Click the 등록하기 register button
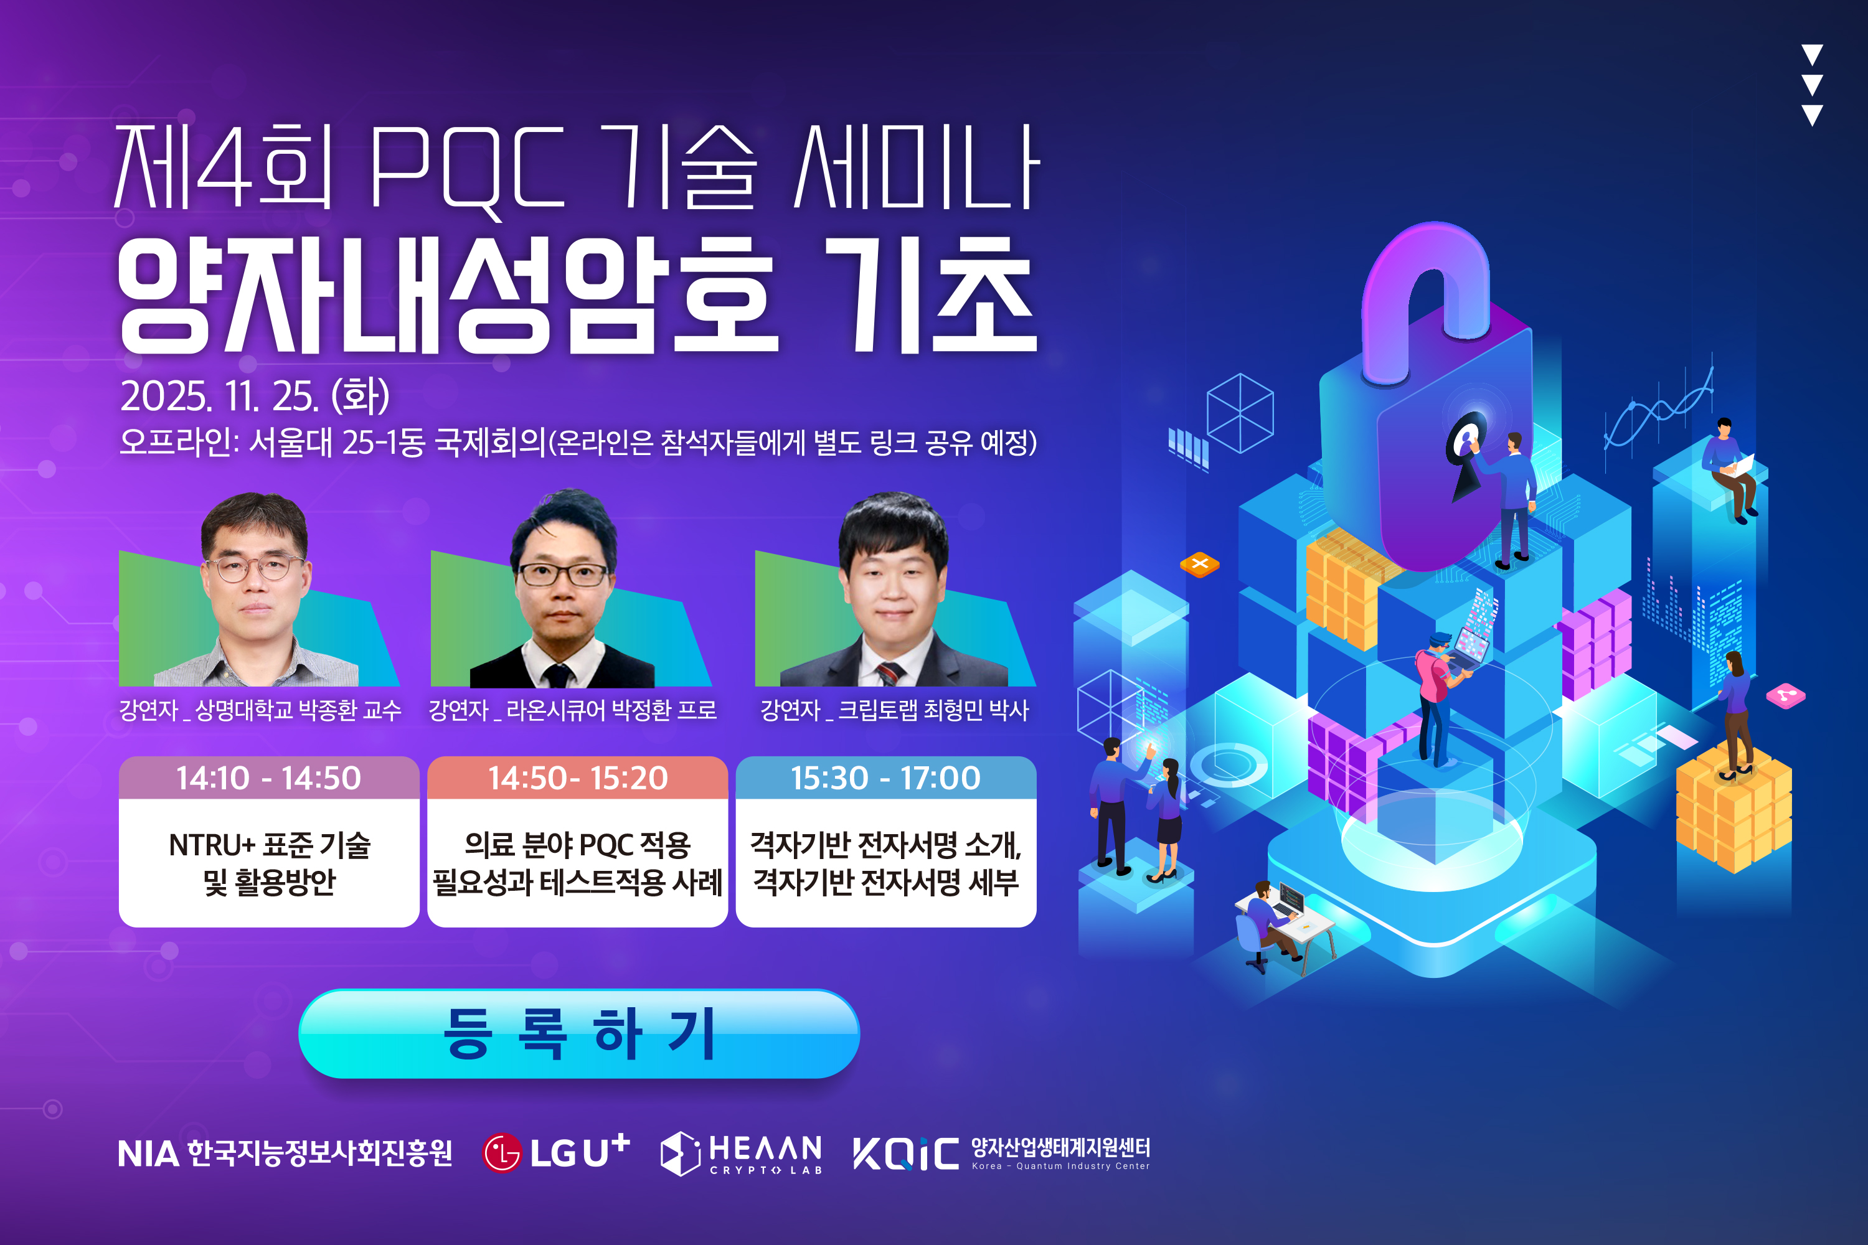click(x=579, y=1034)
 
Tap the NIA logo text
click(x=149, y=1153)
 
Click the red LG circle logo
click(x=502, y=1153)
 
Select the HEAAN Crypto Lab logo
click(x=741, y=1153)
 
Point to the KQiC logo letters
click(x=906, y=1153)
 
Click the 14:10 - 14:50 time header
click(x=269, y=778)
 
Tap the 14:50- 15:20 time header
click(x=577, y=778)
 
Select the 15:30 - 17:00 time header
click(x=886, y=778)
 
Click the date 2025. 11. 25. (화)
click(x=255, y=395)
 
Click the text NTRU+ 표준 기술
click(x=269, y=845)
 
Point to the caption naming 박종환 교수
click(x=260, y=710)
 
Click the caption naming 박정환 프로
click(x=573, y=710)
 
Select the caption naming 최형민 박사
click(x=894, y=710)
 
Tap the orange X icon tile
click(x=1199, y=565)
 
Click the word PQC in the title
click(x=467, y=169)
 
